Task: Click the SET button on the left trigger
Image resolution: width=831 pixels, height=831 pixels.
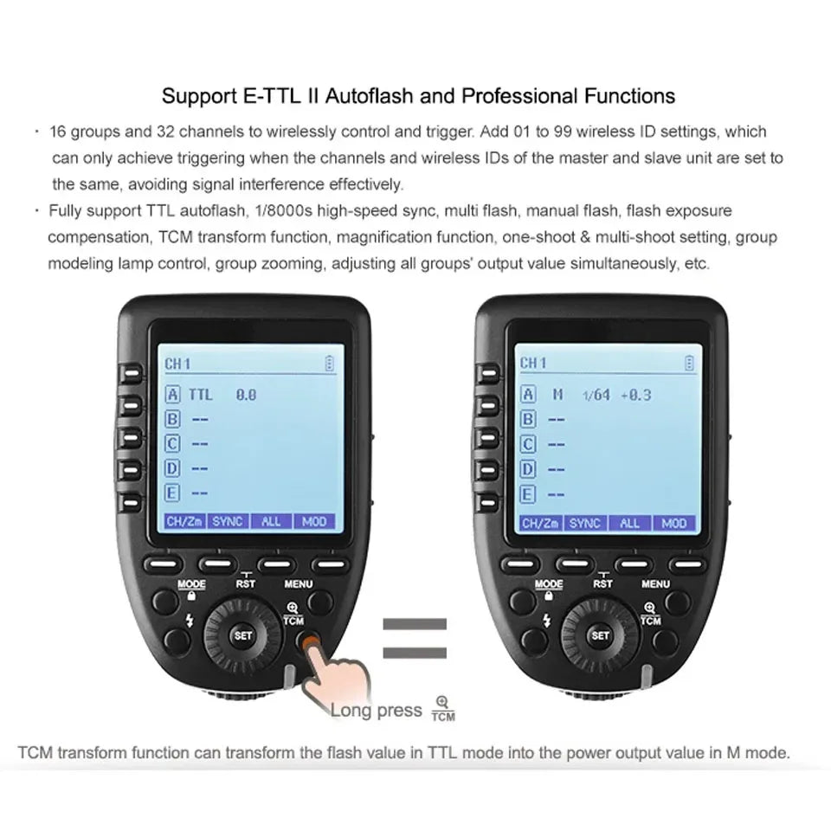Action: (242, 635)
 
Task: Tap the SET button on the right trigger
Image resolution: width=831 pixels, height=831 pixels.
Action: (600, 635)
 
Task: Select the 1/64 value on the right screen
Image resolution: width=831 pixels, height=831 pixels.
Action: (596, 395)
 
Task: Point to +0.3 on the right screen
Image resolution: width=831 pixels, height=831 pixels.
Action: (636, 395)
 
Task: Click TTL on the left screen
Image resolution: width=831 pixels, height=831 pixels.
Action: (200, 395)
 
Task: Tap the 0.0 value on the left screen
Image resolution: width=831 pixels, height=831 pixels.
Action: (246, 395)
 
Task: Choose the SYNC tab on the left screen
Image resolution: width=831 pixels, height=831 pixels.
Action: (228, 521)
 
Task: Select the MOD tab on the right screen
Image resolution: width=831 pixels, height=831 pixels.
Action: (674, 524)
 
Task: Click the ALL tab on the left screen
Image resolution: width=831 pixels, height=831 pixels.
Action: (271, 521)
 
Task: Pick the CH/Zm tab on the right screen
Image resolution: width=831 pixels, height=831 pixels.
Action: (540, 524)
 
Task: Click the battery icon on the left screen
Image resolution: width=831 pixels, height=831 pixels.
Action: (330, 363)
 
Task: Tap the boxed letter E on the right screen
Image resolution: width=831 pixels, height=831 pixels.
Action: (527, 494)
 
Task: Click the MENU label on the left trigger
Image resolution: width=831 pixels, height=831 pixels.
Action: (299, 584)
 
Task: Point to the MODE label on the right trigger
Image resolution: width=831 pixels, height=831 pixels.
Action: (549, 584)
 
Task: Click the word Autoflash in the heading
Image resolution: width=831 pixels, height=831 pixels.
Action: (369, 96)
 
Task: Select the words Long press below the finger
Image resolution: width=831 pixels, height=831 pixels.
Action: (377, 710)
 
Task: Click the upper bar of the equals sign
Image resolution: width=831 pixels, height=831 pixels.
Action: (415, 624)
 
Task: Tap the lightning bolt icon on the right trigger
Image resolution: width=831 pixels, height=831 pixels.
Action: (546, 620)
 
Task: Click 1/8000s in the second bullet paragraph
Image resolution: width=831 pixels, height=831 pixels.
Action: (284, 211)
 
